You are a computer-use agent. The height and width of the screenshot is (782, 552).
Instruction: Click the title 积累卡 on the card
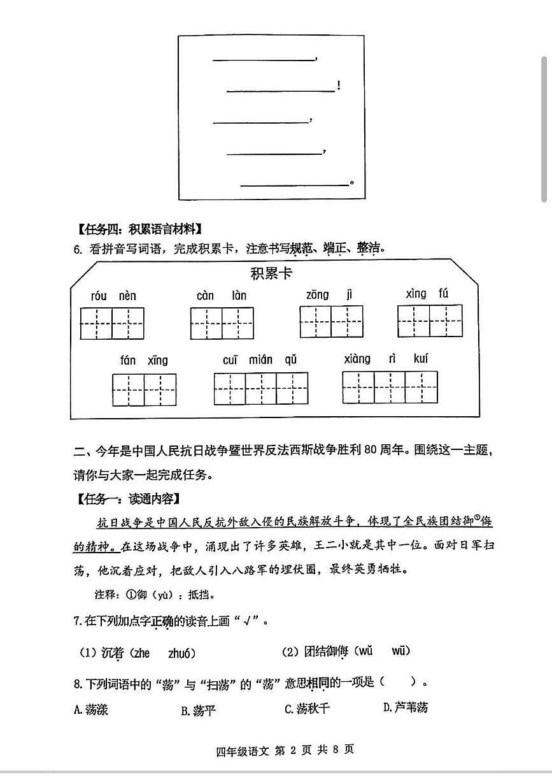click(272, 274)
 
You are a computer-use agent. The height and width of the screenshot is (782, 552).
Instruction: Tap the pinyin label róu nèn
click(113, 296)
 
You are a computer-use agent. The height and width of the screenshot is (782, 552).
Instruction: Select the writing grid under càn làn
click(222, 323)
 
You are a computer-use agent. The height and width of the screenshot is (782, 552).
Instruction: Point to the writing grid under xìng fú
click(430, 321)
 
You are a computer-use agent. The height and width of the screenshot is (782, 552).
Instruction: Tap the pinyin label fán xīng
click(144, 360)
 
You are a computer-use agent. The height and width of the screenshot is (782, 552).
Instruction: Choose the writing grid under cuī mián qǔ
click(260, 389)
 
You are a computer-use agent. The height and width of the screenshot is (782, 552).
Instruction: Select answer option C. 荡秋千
click(308, 709)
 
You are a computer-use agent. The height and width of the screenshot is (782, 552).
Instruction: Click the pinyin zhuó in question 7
click(181, 653)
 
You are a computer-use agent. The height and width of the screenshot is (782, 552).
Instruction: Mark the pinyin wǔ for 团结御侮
click(365, 651)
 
